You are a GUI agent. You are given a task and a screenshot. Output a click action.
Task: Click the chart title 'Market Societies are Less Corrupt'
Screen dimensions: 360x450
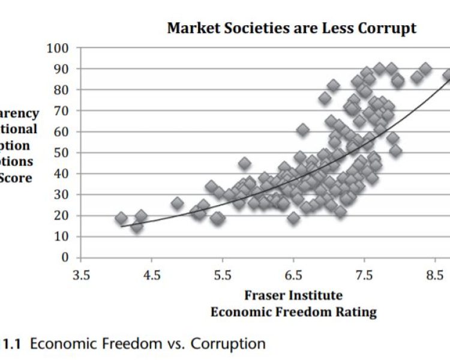click(292, 28)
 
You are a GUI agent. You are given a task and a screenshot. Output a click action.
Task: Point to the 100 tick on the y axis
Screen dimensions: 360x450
click(58, 48)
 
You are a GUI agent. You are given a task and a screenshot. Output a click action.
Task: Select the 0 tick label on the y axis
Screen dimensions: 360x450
click(65, 257)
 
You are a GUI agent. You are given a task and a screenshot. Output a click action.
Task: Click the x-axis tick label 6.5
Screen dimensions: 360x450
click(293, 275)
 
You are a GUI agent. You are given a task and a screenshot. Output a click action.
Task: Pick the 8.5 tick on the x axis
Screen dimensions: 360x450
click(435, 275)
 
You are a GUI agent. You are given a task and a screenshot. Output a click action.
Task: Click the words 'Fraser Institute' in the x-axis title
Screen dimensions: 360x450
click(293, 295)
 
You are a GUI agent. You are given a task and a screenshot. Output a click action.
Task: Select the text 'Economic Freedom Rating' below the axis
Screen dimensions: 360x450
click(293, 311)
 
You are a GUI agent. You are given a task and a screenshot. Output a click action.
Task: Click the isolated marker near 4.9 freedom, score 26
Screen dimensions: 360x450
click(177, 203)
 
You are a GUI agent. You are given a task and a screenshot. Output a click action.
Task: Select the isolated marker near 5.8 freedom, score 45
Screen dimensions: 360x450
click(244, 163)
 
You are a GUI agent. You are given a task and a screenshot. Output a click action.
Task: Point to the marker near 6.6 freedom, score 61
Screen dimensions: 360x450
click(303, 130)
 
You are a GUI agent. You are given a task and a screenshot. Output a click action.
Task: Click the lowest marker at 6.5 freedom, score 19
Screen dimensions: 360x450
click(293, 218)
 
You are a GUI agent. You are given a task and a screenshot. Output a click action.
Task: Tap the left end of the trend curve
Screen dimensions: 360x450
click(122, 226)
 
